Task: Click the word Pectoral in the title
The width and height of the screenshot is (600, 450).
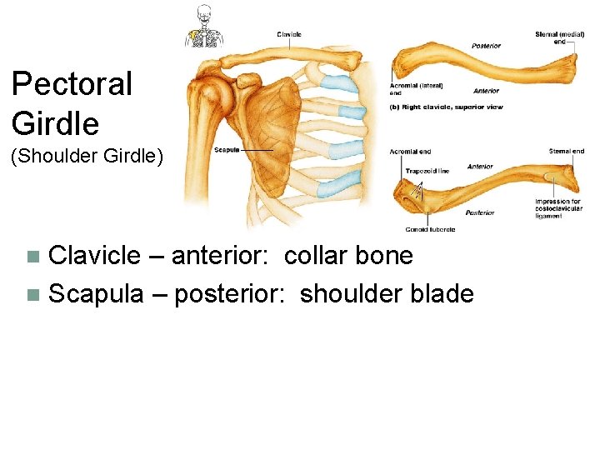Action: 72,84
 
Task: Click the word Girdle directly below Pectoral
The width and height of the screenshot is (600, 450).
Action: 55,124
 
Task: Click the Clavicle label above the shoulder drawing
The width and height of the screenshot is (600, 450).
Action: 289,34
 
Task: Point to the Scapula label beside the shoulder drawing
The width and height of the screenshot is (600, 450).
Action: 227,150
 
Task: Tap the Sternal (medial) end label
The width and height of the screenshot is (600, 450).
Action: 559,37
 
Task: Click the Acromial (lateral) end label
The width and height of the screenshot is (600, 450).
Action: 416,88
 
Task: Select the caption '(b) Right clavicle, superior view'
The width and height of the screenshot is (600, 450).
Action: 447,107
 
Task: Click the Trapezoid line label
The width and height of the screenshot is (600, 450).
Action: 427,171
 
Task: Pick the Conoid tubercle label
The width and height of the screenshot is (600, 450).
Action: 430,229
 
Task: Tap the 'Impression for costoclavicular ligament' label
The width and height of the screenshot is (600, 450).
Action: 559,208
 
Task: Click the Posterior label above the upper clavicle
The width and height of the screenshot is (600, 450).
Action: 487,46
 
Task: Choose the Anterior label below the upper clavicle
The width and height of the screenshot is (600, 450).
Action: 487,91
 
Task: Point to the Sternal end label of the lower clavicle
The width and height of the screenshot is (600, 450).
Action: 567,152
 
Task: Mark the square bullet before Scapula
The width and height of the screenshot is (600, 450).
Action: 32,294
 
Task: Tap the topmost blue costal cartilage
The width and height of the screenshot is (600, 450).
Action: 335,82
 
